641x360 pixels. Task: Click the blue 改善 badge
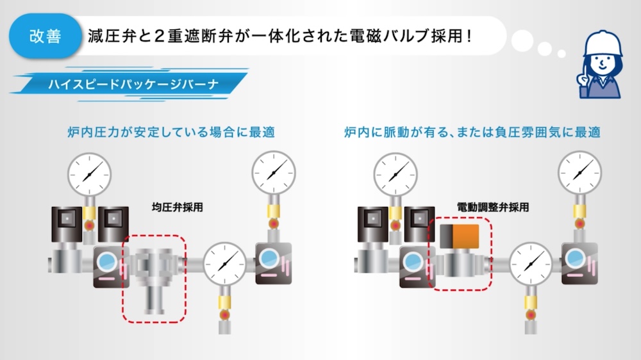[46, 36]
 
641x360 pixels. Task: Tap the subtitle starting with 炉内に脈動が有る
[472, 133]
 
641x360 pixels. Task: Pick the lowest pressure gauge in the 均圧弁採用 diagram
[224, 263]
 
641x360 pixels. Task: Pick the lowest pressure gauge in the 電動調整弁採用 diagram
[531, 263]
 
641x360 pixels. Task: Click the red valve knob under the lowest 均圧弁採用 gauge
[224, 315]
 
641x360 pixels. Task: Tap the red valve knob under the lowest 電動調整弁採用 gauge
[531, 315]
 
